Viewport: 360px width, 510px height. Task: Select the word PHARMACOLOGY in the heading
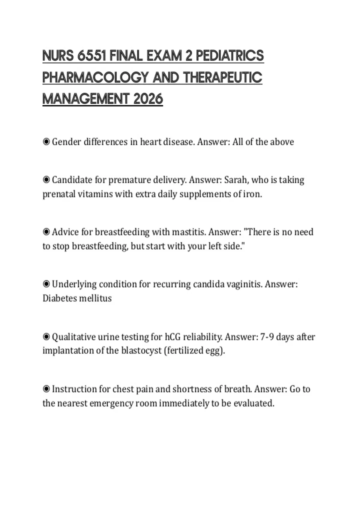click(95, 77)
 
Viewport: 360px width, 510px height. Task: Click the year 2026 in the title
click(148, 99)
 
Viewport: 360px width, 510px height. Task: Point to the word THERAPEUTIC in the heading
click(223, 77)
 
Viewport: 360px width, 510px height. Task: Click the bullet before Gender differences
click(46, 142)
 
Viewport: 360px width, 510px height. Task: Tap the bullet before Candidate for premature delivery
click(46, 180)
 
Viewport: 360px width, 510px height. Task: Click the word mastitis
click(188, 232)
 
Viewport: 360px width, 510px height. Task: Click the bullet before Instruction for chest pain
click(46, 389)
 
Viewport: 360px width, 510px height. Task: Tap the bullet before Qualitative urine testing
click(46, 337)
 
